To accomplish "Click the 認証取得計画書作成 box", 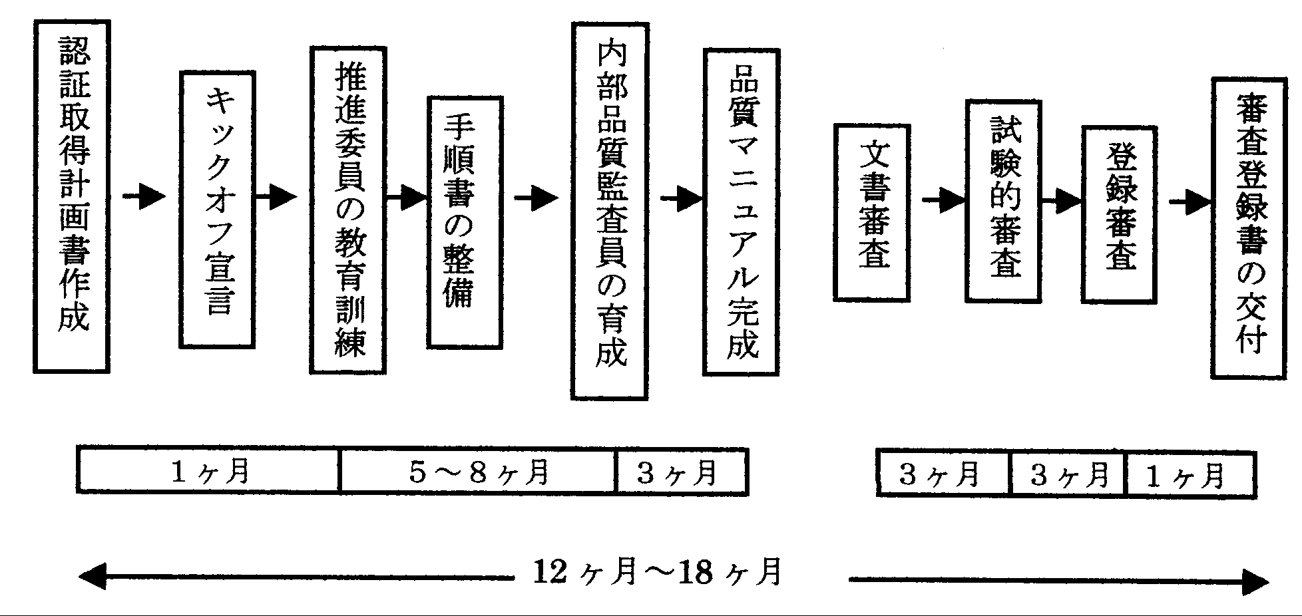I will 71,196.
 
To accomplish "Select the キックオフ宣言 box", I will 217,210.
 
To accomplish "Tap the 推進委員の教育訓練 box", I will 347,210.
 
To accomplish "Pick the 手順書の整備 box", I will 464,222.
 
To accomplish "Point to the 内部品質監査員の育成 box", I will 609,211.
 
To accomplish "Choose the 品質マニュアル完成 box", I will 741,212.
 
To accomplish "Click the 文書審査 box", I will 871,212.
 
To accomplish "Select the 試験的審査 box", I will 1003,201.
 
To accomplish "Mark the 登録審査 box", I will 1119,214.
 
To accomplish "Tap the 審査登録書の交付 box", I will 1248,228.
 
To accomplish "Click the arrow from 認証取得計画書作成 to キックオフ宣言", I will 144,197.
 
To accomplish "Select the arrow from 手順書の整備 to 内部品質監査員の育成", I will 536,198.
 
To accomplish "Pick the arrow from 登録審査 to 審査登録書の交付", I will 1189,202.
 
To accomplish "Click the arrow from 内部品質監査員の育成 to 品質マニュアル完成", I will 681,198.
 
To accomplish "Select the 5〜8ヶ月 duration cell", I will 478,472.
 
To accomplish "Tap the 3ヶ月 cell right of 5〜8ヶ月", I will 682,472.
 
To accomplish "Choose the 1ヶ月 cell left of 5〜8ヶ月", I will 208,472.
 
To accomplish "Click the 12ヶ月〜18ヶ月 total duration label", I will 658,572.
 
